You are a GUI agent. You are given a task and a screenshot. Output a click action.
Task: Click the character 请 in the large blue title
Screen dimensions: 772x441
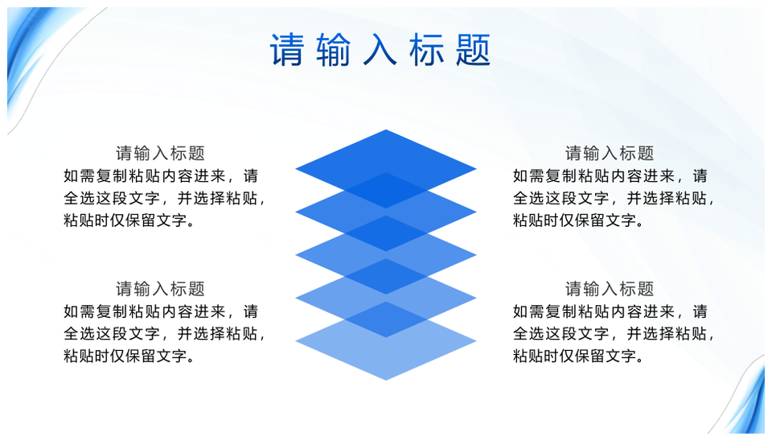pyautogui.click(x=286, y=50)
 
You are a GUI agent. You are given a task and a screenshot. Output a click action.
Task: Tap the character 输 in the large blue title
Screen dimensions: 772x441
pyautogui.click(x=333, y=50)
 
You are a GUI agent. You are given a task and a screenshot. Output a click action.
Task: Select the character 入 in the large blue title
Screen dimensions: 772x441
pyautogui.click(x=380, y=50)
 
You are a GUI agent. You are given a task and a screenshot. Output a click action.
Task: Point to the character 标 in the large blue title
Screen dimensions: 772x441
pyautogui.click(x=426, y=50)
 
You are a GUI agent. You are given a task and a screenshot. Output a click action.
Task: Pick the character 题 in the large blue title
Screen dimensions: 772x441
pyautogui.click(x=473, y=50)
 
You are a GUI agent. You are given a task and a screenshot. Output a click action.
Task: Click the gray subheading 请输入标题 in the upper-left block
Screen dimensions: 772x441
pyautogui.click(x=160, y=153)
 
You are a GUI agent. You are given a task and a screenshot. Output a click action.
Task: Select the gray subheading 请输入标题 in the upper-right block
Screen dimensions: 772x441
pyautogui.click(x=610, y=153)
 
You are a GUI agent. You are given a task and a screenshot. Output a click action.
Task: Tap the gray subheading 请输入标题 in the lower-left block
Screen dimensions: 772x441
pyautogui.click(x=160, y=289)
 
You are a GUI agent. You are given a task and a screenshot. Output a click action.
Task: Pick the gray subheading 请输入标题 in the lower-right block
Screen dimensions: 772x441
pyautogui.click(x=610, y=289)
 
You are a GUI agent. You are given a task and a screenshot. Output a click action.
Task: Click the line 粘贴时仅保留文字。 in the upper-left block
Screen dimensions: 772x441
pyautogui.click(x=129, y=220)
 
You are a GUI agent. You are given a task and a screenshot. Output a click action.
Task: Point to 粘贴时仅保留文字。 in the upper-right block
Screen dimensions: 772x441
pyautogui.click(x=579, y=220)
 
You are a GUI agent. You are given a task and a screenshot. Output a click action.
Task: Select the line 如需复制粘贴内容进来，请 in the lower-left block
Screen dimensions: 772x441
pyautogui.click(x=161, y=311)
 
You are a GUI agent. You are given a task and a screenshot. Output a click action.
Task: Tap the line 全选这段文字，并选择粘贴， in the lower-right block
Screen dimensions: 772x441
pyautogui.click(x=614, y=334)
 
